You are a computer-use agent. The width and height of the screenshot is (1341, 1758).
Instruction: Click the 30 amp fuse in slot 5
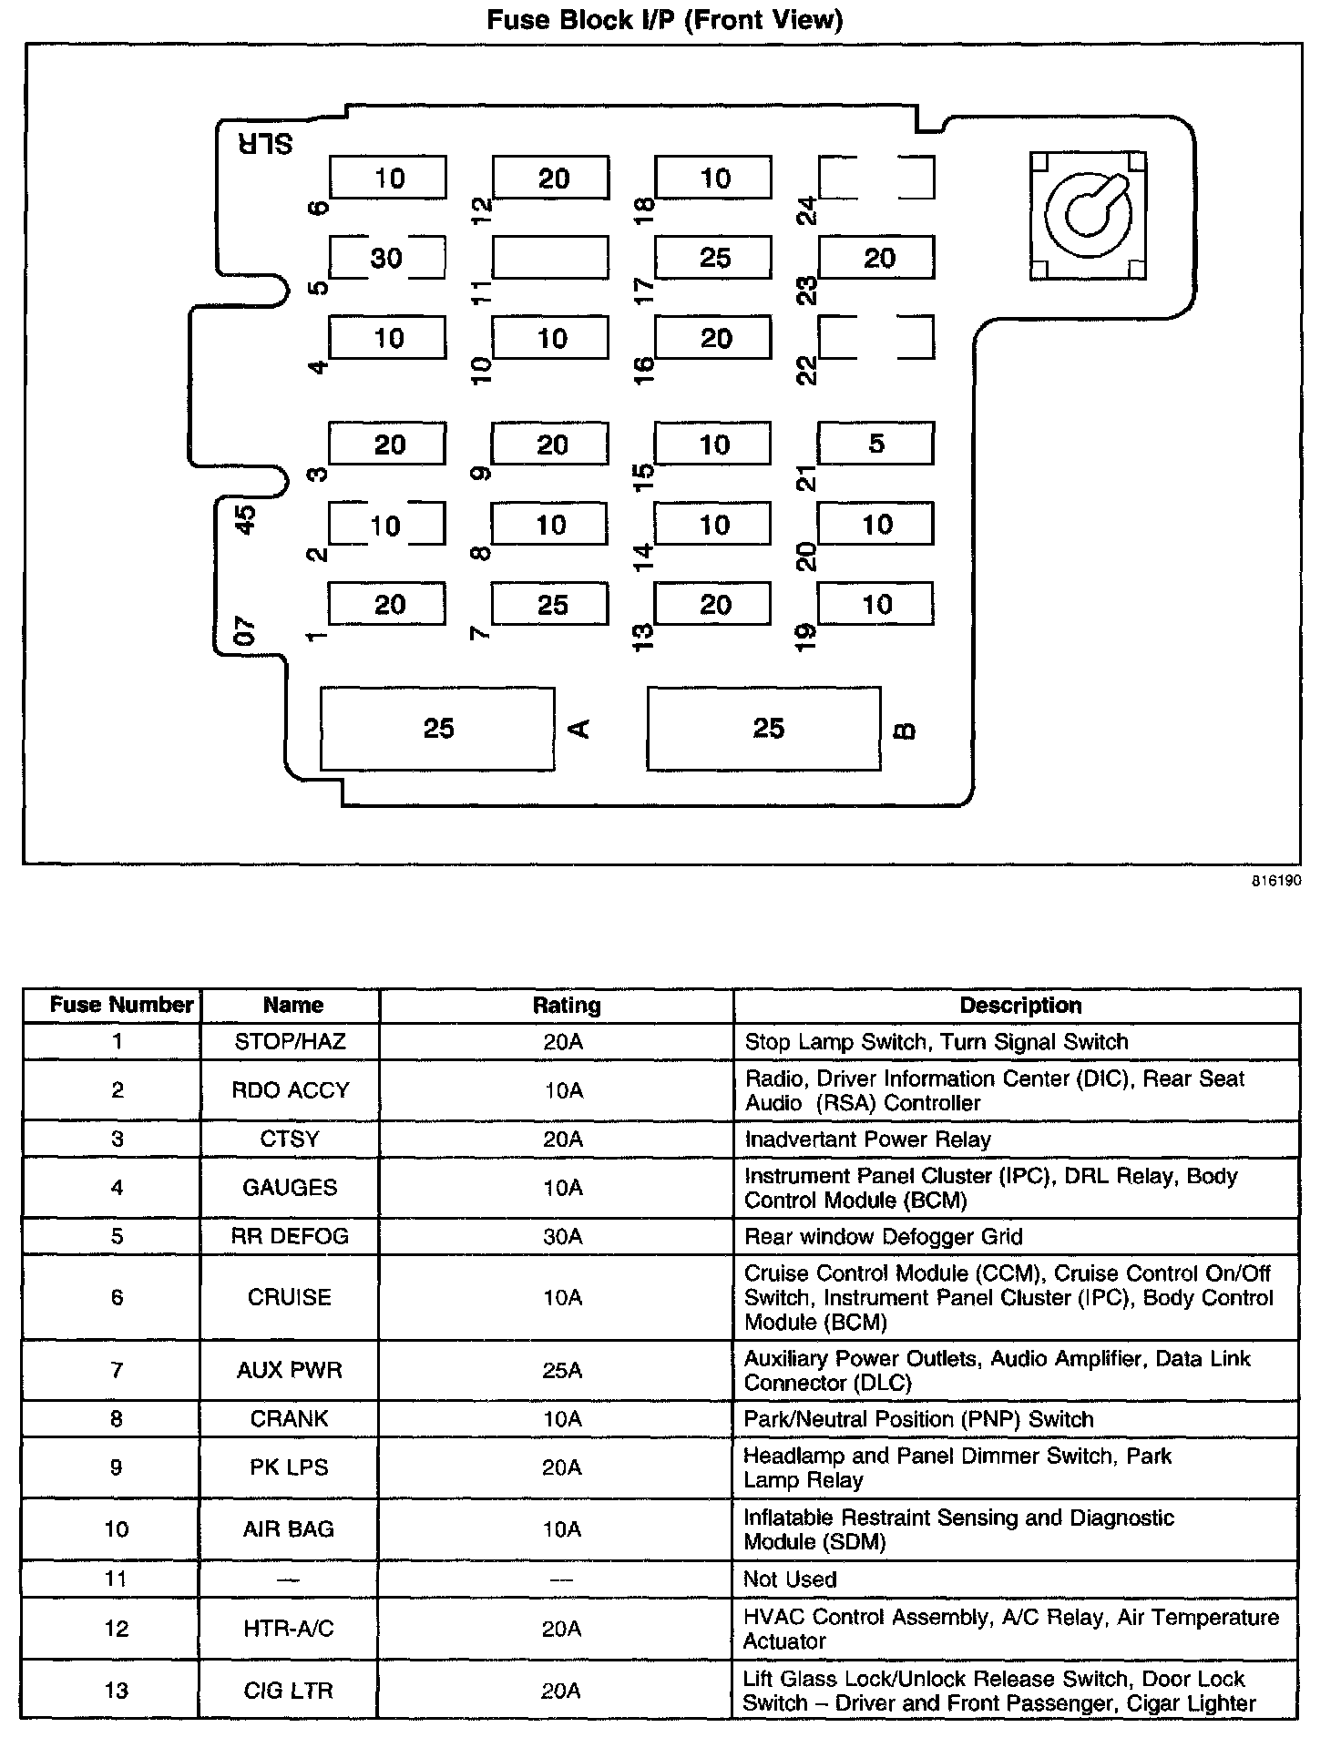387,258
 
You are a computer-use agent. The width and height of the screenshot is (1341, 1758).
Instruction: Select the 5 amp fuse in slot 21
875,444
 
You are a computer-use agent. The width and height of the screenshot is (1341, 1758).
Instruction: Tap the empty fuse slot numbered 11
550,258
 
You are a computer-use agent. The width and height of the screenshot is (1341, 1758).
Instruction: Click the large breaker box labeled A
437,729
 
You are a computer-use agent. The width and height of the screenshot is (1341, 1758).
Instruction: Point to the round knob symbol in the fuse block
1088,216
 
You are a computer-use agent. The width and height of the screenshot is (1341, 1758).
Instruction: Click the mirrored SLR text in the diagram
265,143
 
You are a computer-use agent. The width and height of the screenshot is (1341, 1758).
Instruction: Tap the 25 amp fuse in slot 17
713,258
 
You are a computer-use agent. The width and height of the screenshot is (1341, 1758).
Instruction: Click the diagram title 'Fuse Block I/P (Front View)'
665,20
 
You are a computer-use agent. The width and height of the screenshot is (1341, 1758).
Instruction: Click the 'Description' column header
1020,1006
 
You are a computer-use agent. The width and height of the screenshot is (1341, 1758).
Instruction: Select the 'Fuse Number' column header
121,1006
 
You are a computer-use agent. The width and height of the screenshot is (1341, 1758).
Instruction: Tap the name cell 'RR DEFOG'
290,1236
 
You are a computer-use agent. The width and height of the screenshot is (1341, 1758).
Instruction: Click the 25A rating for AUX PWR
563,1370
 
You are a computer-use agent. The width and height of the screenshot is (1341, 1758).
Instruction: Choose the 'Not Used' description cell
790,1579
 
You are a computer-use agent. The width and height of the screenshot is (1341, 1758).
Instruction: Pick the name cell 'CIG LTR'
289,1691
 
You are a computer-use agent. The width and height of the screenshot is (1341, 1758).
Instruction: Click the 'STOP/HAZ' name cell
290,1041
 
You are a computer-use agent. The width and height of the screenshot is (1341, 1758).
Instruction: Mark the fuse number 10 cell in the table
117,1529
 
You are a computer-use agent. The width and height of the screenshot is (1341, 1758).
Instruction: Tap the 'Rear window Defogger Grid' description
883,1236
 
